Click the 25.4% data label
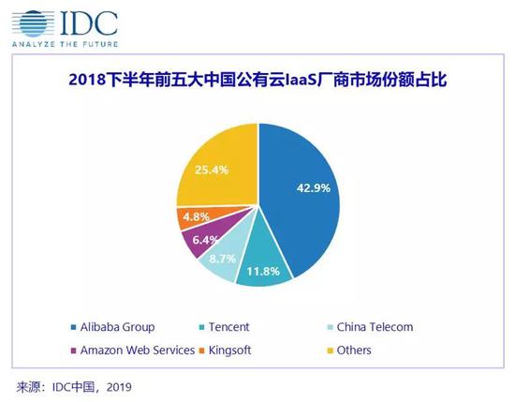coord(211,170)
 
